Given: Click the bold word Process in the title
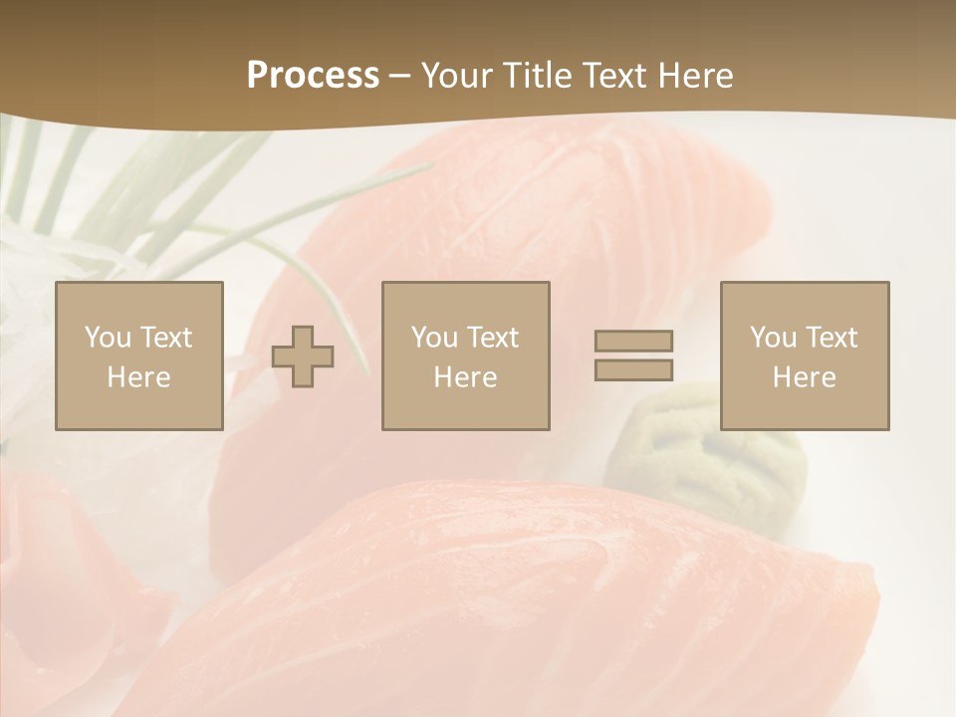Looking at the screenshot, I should [x=313, y=76].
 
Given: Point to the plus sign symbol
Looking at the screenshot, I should [x=303, y=357].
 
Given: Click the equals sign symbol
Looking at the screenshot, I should [x=633, y=356].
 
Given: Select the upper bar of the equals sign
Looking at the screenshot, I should [x=633, y=341].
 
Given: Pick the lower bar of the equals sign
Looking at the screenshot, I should [x=633, y=369].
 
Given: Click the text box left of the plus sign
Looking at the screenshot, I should [x=138, y=356].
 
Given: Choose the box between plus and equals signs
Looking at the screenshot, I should [x=465, y=356].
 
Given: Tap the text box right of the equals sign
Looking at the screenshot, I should [x=804, y=356].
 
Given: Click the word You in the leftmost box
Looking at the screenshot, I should [x=107, y=338].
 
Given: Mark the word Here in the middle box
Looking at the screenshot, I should [x=465, y=377].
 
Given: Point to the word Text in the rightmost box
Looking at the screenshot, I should [x=833, y=338].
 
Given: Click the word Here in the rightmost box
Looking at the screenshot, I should [x=804, y=377].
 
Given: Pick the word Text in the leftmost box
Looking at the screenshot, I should [x=167, y=338].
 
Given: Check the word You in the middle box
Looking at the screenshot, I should [x=433, y=338].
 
